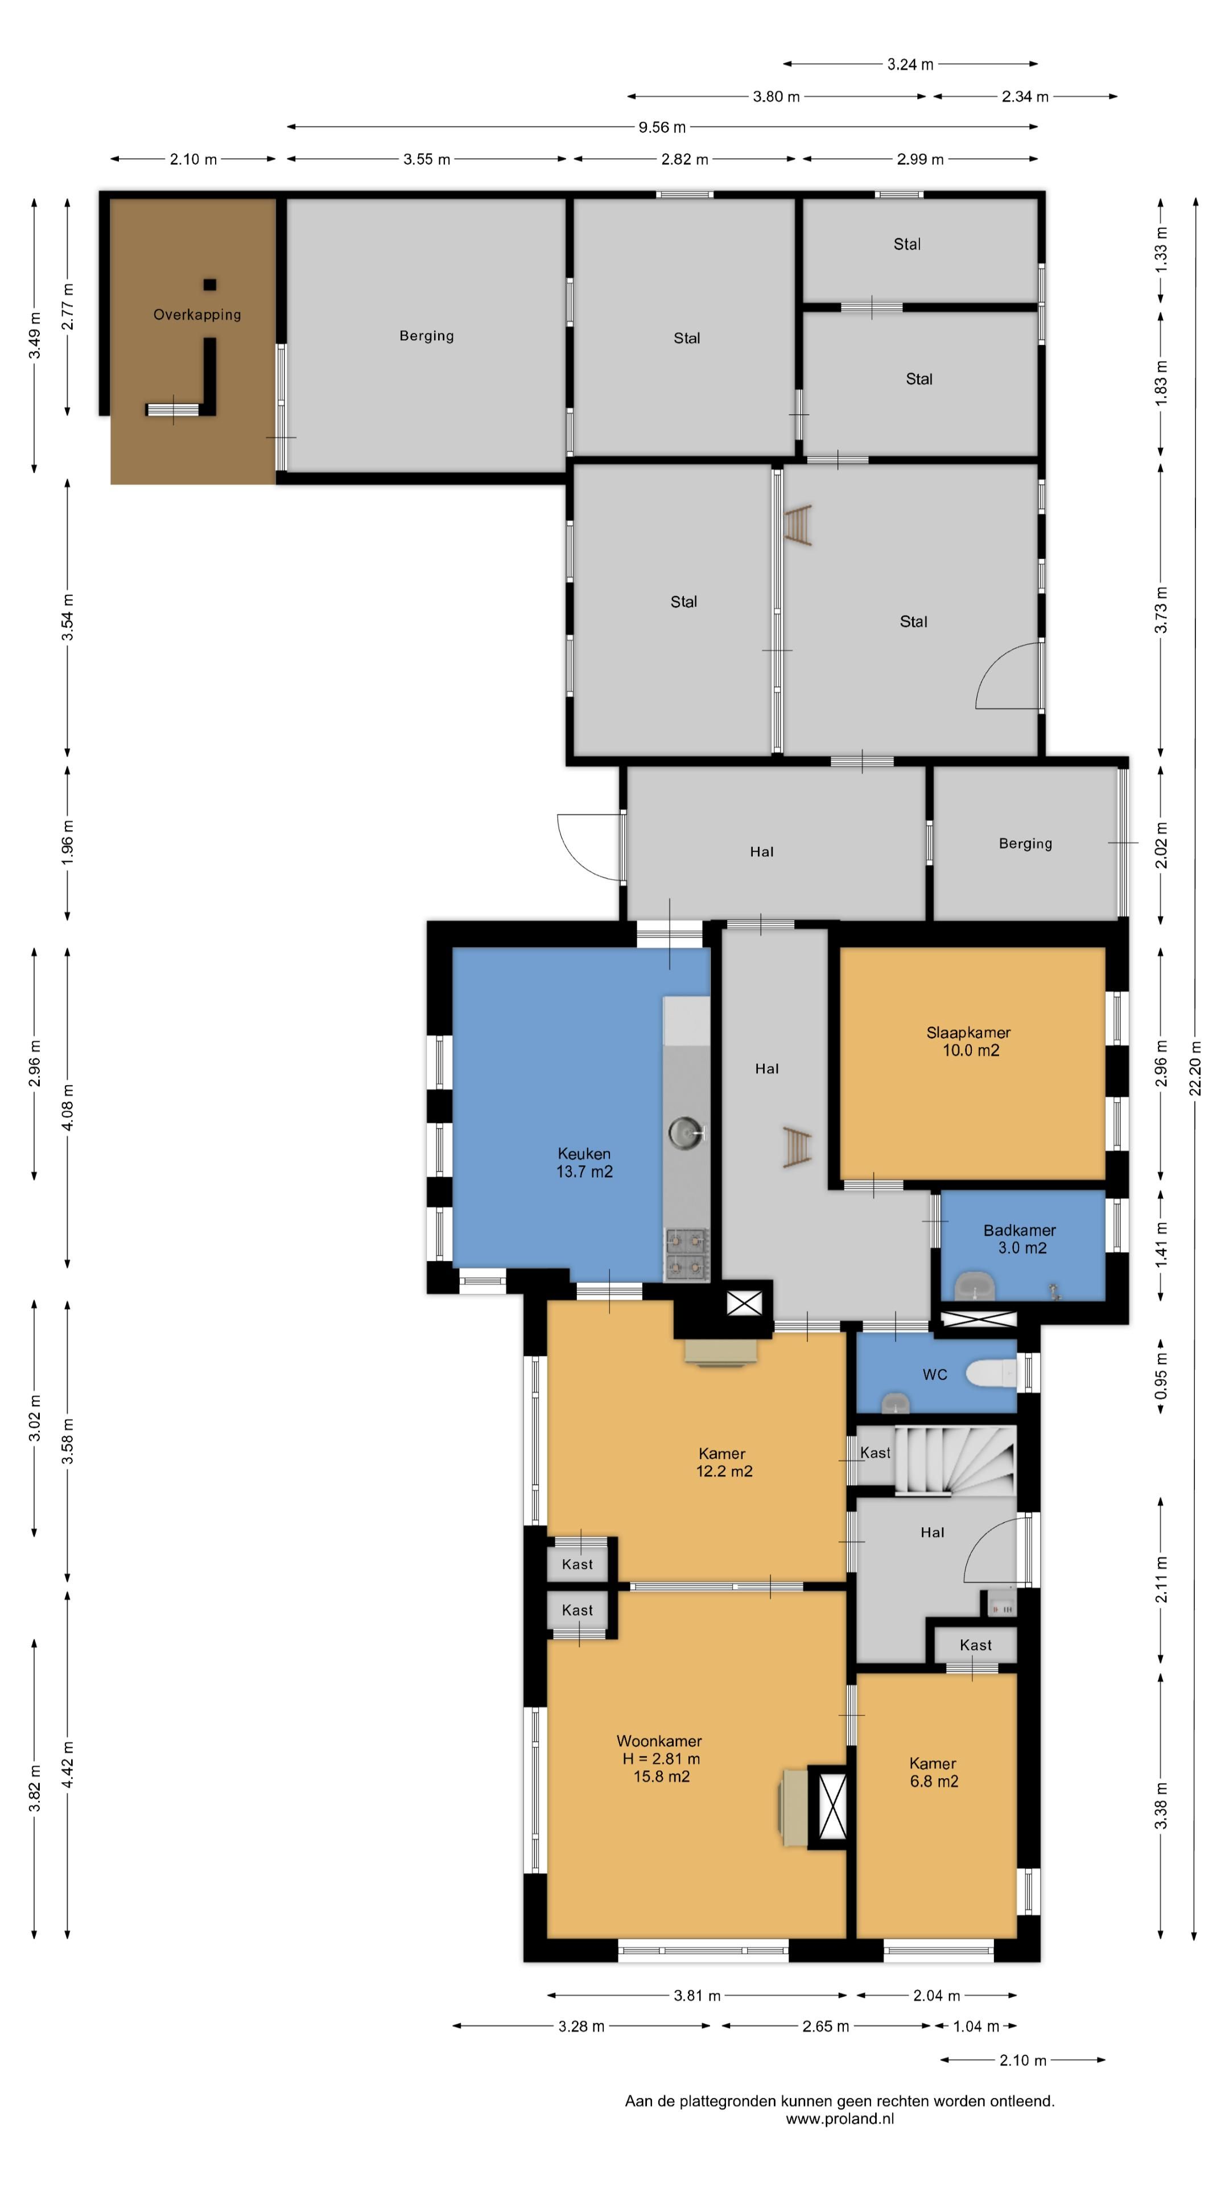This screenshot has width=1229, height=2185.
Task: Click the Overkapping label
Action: click(x=197, y=315)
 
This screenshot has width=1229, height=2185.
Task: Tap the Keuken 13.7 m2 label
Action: click(x=584, y=1162)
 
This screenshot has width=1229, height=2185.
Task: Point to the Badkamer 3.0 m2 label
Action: click(x=1020, y=1238)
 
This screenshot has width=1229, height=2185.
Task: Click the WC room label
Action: click(x=935, y=1374)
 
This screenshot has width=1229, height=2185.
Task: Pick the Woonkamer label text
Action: click(x=659, y=1741)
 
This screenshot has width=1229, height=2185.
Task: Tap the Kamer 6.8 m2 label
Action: click(x=934, y=1772)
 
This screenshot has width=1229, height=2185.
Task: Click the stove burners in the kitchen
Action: click(x=687, y=1254)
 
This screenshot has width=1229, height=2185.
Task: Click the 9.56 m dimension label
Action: click(x=662, y=127)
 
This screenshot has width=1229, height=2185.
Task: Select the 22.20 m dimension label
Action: click(x=1195, y=1068)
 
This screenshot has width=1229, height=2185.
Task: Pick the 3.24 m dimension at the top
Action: click(x=910, y=64)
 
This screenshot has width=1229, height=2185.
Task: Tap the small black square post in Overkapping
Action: click(x=209, y=285)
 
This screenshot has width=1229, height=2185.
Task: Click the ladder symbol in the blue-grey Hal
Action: click(x=797, y=1148)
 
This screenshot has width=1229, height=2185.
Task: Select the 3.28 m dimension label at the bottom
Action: click(x=581, y=2026)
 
